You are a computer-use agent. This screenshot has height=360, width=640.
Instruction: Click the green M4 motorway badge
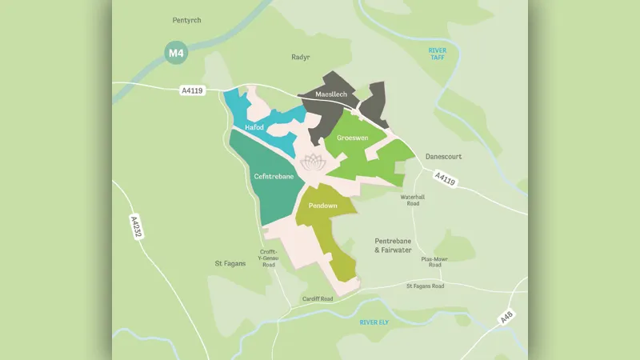(175, 53)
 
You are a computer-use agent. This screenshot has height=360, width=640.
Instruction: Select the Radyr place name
(300, 58)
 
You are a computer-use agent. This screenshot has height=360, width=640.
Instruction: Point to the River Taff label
(438, 54)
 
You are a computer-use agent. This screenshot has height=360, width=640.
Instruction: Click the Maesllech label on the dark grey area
(331, 94)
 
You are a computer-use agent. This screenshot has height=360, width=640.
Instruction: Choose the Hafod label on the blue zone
(254, 127)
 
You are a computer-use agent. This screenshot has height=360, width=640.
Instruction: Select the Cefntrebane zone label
(274, 175)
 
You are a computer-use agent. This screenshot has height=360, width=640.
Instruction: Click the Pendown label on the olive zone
(322, 206)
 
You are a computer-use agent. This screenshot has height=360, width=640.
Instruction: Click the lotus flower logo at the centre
(313, 159)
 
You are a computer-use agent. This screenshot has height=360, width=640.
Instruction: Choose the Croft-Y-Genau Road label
(269, 258)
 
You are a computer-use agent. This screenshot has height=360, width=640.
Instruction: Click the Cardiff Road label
(318, 300)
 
